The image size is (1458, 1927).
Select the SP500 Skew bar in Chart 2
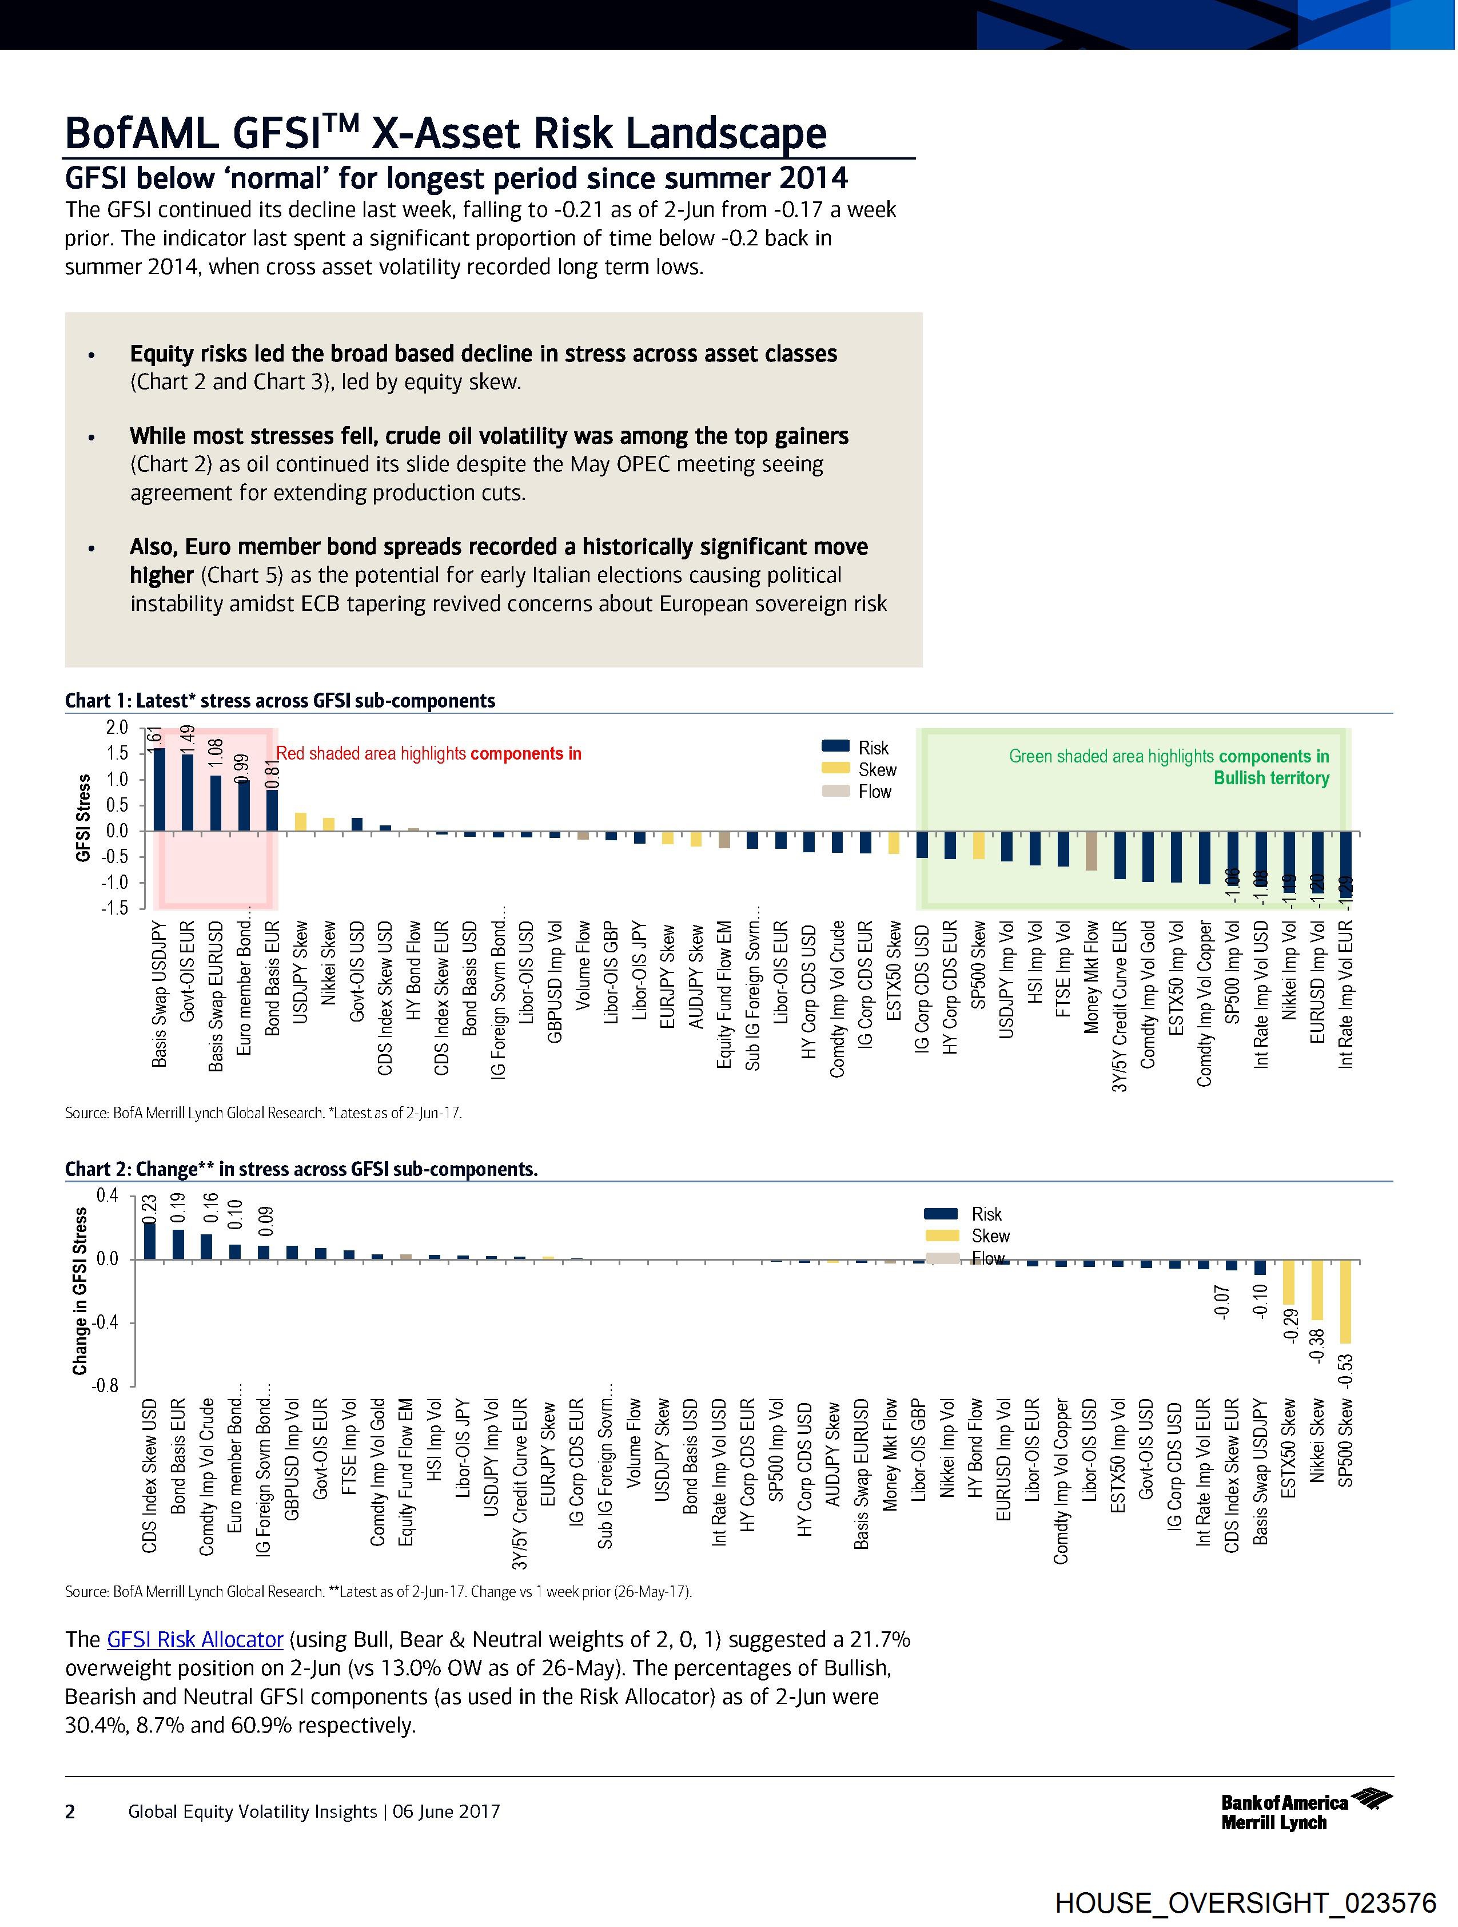[1345, 1301]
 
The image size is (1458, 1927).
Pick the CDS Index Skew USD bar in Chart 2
[150, 1241]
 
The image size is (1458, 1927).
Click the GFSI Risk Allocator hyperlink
[195, 1639]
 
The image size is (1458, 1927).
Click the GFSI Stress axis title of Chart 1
[83, 817]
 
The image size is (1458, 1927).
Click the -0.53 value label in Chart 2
[1345, 1369]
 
